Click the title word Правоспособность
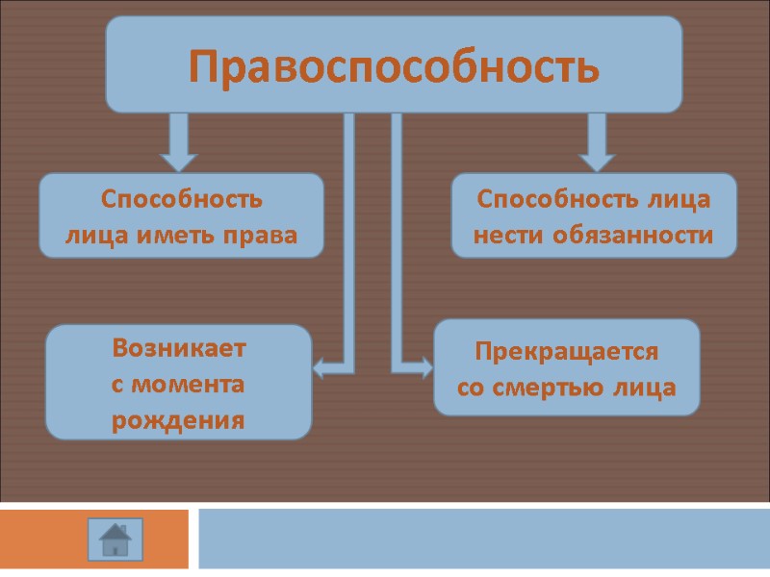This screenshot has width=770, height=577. click(x=394, y=66)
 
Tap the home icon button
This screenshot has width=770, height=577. click(x=115, y=539)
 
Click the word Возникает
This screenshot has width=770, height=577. click(x=179, y=347)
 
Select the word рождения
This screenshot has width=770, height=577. click(x=178, y=420)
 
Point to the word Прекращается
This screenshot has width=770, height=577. click(x=567, y=351)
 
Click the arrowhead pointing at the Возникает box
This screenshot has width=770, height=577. click(x=322, y=366)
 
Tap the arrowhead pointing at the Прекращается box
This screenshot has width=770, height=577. click(x=423, y=366)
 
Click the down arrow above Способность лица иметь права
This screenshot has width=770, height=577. click(x=178, y=154)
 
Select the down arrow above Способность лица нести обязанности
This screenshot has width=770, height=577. click(x=597, y=154)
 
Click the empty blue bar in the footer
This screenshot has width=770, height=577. click(x=481, y=539)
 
